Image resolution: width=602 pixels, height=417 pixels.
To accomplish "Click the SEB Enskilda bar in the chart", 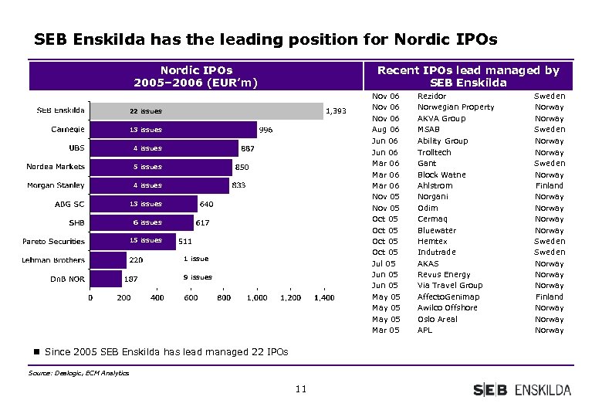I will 206,111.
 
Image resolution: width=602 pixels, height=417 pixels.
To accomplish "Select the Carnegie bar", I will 174,130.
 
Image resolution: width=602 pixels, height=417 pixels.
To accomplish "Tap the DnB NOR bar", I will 106,278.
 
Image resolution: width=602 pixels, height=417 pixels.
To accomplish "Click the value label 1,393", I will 337,111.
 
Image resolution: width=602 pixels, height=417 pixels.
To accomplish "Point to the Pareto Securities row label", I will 53,241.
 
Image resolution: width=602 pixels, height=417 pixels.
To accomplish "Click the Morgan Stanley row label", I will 56,185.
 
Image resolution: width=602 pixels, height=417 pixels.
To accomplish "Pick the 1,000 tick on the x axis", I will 257,298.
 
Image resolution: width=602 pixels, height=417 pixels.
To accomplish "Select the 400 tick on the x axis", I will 157,298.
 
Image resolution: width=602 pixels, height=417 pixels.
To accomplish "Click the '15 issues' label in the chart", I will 145,240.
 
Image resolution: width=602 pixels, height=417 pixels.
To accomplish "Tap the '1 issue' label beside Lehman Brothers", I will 195,259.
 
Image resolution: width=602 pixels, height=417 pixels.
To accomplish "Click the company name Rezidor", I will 431,96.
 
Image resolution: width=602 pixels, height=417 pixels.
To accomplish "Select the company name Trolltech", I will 434,152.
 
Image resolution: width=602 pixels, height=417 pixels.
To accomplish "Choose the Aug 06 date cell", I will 385,130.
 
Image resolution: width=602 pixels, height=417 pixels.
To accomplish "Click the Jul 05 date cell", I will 385,263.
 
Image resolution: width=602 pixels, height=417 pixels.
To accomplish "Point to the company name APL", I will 424,331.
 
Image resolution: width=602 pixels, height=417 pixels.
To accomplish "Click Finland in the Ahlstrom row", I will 550,185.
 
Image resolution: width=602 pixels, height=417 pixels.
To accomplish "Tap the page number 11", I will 300,389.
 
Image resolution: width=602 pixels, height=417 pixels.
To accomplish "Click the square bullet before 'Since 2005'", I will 36,352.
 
